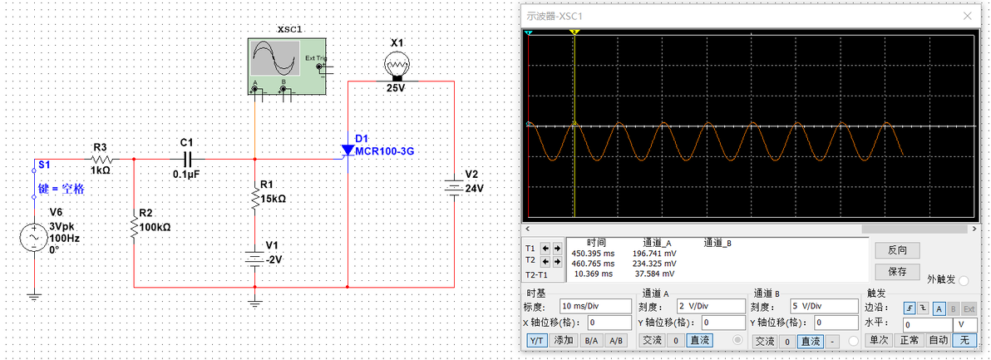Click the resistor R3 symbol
[101, 158]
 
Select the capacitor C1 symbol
[187, 158]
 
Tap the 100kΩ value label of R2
[155, 226]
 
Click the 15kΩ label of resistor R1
[273, 199]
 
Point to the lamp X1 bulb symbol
[396, 64]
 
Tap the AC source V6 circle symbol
[35, 239]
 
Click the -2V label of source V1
[274, 259]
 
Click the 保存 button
[897, 271]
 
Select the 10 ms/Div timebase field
[595, 305]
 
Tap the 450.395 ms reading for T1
[594, 253]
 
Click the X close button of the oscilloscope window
[967, 16]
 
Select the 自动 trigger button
[938, 340]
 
